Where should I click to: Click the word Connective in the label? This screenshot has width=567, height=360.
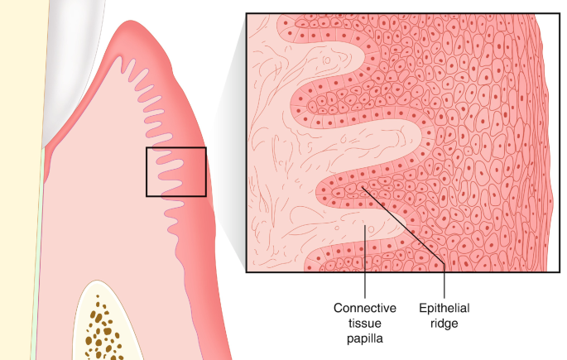pyautogui.click(x=365, y=308)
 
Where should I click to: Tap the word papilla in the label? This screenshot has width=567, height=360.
pyautogui.click(x=365, y=338)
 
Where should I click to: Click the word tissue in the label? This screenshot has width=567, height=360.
pyautogui.click(x=365, y=323)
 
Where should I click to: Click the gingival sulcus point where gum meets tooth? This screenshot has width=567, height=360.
pyautogui.click(x=46, y=147)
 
